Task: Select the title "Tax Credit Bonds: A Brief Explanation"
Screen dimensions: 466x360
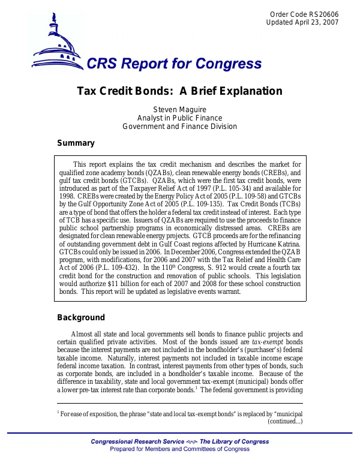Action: pyautogui.click(x=179, y=91)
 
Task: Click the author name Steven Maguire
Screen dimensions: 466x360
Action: pyautogui.click(x=179, y=109)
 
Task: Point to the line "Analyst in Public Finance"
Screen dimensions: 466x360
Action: pyautogui.click(x=179, y=118)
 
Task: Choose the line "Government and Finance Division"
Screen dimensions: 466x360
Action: pyautogui.click(x=179, y=127)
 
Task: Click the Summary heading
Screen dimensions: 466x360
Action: pyautogui.click(x=76, y=143)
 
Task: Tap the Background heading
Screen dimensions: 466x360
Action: pyautogui.click(x=80, y=318)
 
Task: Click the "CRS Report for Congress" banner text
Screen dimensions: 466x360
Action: pyautogui.click(x=174, y=65)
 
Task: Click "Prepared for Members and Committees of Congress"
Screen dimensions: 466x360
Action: pyautogui.click(x=179, y=449)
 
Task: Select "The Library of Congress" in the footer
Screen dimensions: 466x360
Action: pyautogui.click(x=234, y=442)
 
